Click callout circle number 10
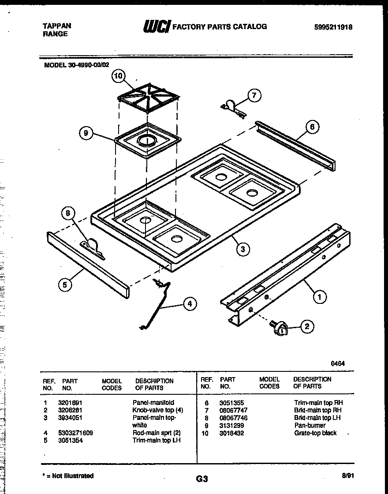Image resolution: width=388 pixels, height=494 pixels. tap(118, 76)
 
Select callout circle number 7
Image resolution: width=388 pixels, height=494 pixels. tap(254, 95)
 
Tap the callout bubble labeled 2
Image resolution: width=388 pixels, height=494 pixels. tap(307, 327)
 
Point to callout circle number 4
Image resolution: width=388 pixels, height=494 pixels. tap(189, 303)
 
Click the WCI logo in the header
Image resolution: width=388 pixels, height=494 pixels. tap(156, 27)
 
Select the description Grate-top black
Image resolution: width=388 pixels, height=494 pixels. tap(315, 433)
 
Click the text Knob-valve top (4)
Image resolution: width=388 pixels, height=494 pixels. tap(157, 410)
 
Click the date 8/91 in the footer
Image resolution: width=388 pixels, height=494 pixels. tap(347, 476)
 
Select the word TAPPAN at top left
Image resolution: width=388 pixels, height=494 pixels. tap(56, 26)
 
